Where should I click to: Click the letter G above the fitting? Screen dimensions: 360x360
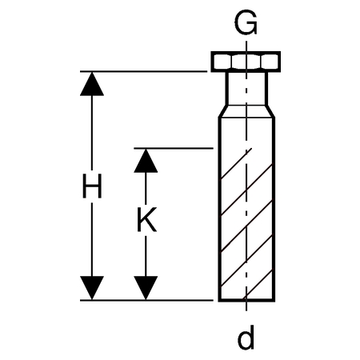tap(246, 22)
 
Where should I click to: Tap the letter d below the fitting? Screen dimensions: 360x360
tap(246, 337)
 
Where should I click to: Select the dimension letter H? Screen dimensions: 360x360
tap(92, 186)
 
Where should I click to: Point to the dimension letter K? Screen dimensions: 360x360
tap(146, 220)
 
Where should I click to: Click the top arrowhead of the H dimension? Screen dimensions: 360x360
tap(92, 84)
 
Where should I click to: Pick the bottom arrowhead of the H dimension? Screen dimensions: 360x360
tap(92, 288)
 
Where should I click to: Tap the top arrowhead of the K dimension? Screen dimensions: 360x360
tap(146, 161)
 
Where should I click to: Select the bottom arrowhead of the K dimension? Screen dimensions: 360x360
tap(146, 288)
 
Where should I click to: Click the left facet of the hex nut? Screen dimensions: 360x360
tap(222, 62)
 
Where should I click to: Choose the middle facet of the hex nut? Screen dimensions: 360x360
tap(246, 62)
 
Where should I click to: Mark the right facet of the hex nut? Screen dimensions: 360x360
tap(270, 62)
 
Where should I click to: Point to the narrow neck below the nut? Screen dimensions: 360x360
tap(246, 89)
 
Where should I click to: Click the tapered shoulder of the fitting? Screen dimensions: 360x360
tap(246, 111)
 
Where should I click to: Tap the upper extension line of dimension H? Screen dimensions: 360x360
tap(143, 71)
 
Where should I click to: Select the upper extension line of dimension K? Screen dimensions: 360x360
tap(174, 148)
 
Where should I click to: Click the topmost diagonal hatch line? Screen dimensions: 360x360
tap(236, 164)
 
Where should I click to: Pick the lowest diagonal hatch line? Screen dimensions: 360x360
tap(258, 285)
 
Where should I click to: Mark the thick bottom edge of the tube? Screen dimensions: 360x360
tap(246, 300)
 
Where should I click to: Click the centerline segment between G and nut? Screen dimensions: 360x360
tap(246, 46)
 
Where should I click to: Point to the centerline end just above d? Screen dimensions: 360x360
tap(246, 310)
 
